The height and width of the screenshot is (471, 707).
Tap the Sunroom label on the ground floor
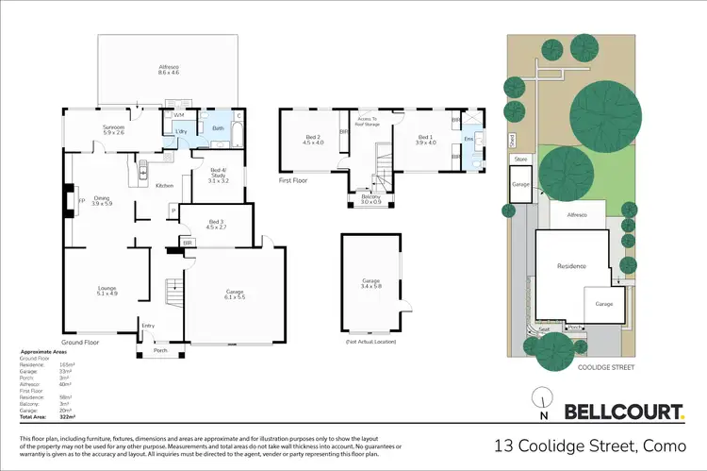[x=113, y=130]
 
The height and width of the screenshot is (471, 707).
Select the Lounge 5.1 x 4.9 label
[x=107, y=292]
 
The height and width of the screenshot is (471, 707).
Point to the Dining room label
[x=102, y=200]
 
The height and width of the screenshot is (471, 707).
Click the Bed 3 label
[x=216, y=225]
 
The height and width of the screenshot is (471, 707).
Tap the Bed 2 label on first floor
[x=313, y=141]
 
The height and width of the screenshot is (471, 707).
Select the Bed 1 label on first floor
[x=427, y=141]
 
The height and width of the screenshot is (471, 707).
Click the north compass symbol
[x=542, y=403]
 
